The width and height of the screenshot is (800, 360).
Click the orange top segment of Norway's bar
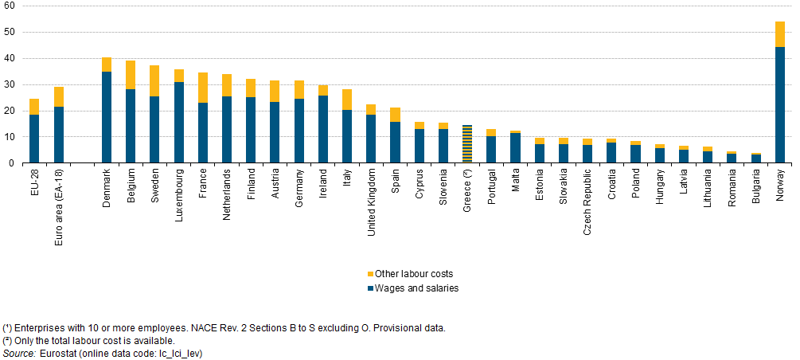[x=779, y=34]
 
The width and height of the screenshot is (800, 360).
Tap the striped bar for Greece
[x=467, y=144]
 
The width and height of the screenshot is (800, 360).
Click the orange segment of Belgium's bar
[x=131, y=75]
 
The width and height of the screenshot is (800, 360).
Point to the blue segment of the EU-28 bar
[x=34, y=139]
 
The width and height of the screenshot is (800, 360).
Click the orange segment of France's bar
[x=203, y=88]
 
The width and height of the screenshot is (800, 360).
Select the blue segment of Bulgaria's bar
[x=755, y=158]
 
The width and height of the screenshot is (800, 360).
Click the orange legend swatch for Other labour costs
[x=369, y=274]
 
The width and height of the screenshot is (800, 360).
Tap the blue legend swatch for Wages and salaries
[x=369, y=288]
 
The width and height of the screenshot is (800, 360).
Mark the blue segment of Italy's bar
[x=347, y=136]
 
